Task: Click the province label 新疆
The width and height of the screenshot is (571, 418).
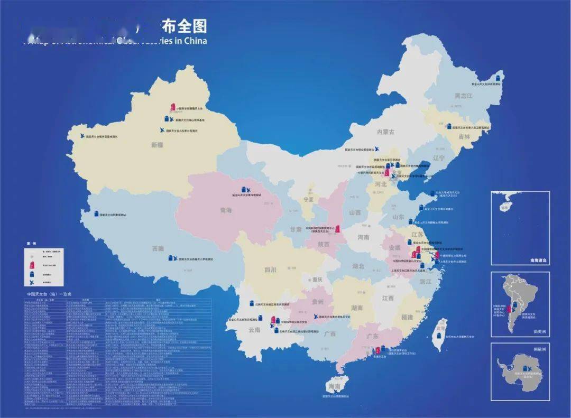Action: pyautogui.click(x=158, y=144)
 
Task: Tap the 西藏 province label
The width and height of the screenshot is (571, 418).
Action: pyautogui.click(x=158, y=248)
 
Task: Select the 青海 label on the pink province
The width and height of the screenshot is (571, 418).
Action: pyautogui.click(x=226, y=210)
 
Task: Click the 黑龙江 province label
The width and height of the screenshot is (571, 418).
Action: pyautogui.click(x=463, y=96)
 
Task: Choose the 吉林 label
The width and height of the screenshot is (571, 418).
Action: pyautogui.click(x=464, y=136)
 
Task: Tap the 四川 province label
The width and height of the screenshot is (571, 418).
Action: pyautogui.click(x=271, y=270)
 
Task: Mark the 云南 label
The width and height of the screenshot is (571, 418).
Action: pyautogui.click(x=254, y=330)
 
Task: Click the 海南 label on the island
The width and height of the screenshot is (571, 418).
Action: pyautogui.click(x=334, y=387)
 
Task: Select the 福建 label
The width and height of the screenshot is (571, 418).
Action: pyautogui.click(x=407, y=317)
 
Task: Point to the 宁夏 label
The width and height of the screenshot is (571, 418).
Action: pyautogui.click(x=308, y=200)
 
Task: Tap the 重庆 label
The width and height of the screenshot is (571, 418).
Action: pyautogui.click(x=317, y=280)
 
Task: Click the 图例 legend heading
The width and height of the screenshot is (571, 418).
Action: pyautogui.click(x=31, y=244)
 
